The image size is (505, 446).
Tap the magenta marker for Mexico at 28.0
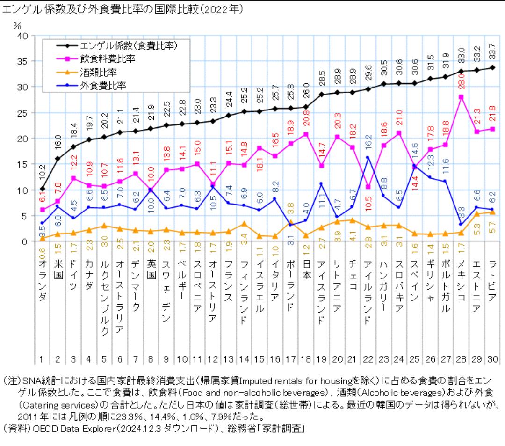click(x=461, y=97)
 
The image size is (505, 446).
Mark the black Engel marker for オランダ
click(x=42, y=189)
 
